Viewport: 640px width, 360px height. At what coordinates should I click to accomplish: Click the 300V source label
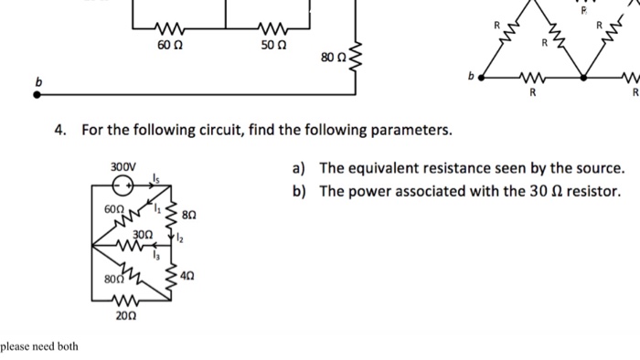(x=122, y=166)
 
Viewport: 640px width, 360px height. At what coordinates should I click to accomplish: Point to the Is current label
(x=158, y=180)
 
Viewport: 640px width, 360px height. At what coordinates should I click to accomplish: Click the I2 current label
(x=182, y=238)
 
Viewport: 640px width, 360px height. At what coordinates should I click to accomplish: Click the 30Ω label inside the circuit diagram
(x=141, y=234)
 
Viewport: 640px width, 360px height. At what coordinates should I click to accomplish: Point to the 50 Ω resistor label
(x=273, y=45)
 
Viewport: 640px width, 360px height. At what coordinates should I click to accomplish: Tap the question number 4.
(x=60, y=130)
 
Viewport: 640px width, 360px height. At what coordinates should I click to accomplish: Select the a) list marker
(x=299, y=168)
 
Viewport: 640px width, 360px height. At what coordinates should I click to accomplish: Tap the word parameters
(x=404, y=130)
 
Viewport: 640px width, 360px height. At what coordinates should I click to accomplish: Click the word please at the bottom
(x=16, y=346)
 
